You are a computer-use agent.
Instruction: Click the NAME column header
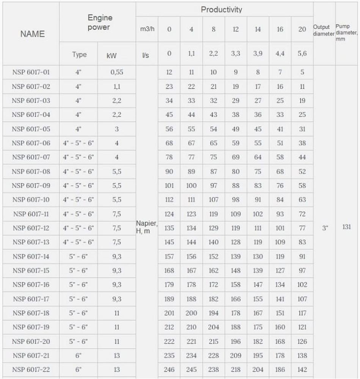pos(32,34)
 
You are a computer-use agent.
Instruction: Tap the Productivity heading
pos(221,9)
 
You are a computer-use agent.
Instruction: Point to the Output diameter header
pos(324,30)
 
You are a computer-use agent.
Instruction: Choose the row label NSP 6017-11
pos(31,214)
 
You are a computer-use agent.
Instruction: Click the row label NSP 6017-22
pos(31,370)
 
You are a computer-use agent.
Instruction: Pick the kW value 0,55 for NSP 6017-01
pos(116,72)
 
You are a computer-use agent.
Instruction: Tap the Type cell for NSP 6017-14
pos(79,257)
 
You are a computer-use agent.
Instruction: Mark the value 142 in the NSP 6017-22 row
pos(302,370)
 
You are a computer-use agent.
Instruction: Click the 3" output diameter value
pos(325,228)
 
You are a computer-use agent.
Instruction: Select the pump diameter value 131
pos(346,228)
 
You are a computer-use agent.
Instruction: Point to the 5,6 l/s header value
pos(302,54)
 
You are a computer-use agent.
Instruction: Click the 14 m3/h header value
pos(258,29)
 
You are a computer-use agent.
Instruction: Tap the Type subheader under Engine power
pos(79,55)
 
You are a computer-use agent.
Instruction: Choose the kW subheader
pos(112,55)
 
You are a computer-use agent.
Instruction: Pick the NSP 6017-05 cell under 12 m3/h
pos(236,129)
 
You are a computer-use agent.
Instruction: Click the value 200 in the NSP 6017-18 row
pos(191,313)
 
